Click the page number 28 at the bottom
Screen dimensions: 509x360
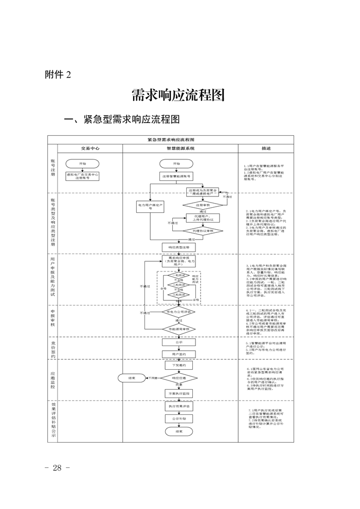57,467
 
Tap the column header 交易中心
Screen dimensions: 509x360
90,148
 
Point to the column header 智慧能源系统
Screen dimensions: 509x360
180,148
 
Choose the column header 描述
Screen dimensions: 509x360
266,148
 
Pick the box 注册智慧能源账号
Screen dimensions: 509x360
177,176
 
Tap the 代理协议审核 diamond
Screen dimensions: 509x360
202,231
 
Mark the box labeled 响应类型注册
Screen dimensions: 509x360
178,247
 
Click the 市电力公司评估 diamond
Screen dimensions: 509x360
178,312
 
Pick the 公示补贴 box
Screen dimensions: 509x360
178,419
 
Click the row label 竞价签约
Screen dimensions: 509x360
53,349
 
